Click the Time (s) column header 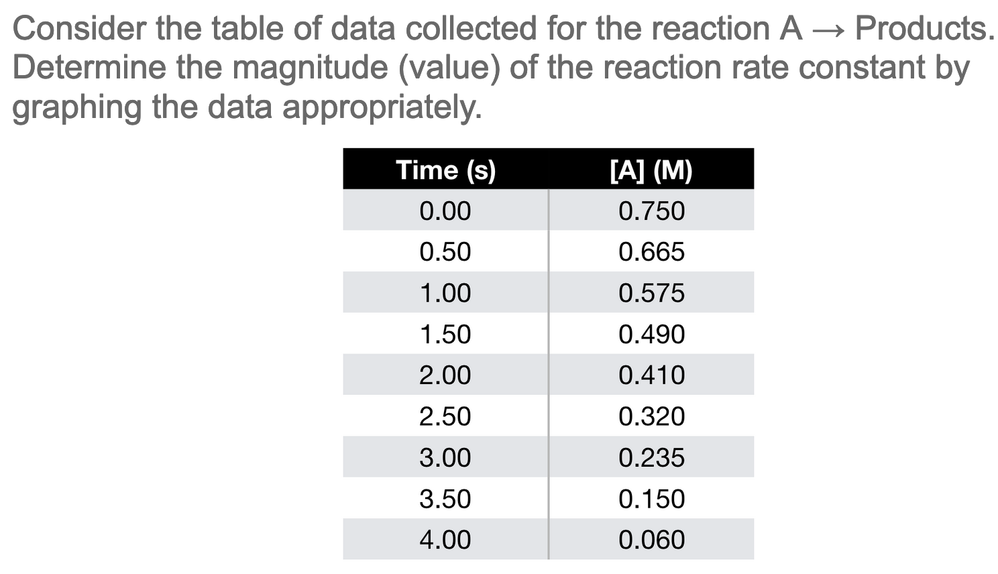[x=445, y=170]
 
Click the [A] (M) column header [x=651, y=170]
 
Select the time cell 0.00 [x=445, y=211]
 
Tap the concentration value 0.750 [x=651, y=211]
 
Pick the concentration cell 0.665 [x=651, y=252]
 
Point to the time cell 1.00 [x=445, y=293]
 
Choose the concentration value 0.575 [x=651, y=293]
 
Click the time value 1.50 [x=445, y=334]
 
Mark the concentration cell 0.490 [x=651, y=334]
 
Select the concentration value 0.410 [x=651, y=375]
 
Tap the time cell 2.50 [x=445, y=416]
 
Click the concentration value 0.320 [x=651, y=416]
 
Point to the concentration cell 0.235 [x=651, y=457]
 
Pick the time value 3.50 [x=445, y=499]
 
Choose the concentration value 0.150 [x=651, y=499]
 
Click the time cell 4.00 [x=445, y=540]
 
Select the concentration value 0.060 [x=651, y=540]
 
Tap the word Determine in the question [x=89, y=67]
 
